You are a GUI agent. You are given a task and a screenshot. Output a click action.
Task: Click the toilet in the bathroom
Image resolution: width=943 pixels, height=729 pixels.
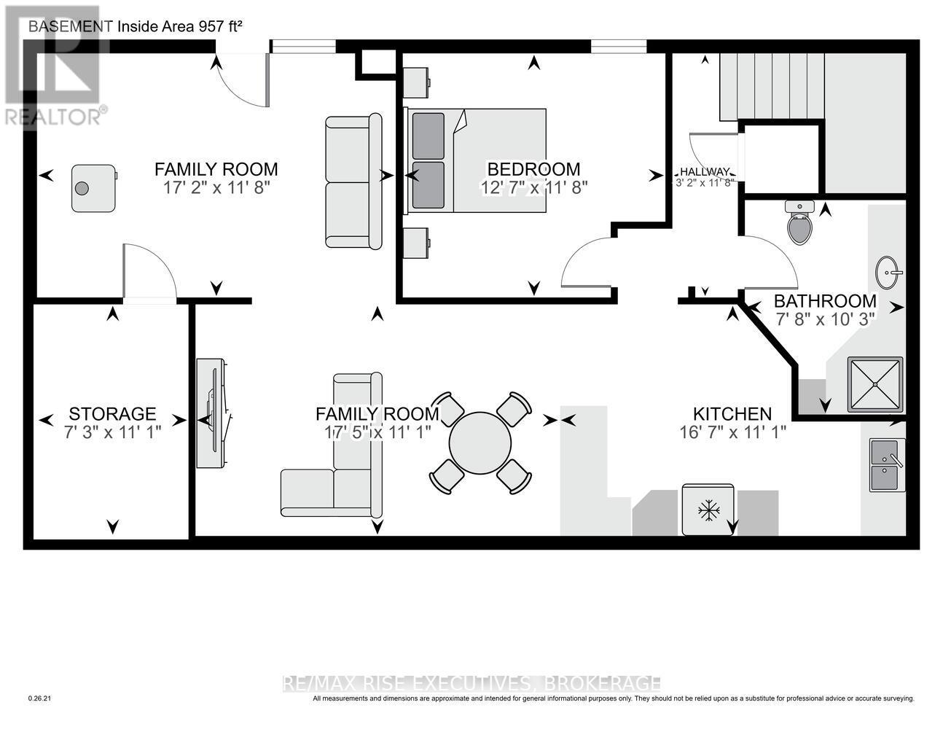[799, 222]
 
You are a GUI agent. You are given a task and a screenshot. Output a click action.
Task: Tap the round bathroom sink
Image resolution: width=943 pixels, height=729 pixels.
[888, 273]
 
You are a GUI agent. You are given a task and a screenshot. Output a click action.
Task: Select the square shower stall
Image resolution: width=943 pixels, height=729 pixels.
[875, 384]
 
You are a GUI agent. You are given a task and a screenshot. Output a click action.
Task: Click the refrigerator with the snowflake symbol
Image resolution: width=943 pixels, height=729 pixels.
[708, 510]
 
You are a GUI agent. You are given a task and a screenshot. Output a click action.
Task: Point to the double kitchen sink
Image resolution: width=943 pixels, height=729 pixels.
[887, 465]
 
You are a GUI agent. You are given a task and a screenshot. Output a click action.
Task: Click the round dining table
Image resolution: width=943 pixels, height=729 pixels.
[480, 443]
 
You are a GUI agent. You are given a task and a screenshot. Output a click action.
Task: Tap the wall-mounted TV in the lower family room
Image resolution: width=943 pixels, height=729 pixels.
[211, 413]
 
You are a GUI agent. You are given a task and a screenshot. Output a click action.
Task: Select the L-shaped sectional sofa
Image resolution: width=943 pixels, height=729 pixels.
[332, 445]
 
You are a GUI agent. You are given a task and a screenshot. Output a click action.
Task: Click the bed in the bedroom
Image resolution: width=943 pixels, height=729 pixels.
[474, 160]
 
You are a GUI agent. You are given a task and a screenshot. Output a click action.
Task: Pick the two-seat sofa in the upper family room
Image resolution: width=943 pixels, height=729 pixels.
[353, 181]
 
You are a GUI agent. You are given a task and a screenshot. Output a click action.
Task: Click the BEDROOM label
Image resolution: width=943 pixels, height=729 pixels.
[533, 169]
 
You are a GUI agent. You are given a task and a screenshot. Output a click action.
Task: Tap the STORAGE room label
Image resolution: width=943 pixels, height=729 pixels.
[112, 414]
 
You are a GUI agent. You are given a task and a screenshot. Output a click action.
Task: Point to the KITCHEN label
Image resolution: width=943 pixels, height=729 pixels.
[732, 414]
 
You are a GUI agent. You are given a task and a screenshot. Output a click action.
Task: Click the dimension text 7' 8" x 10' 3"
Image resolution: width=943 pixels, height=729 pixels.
[824, 319]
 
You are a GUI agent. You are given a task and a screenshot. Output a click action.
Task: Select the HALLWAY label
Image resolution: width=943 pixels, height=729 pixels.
[705, 172]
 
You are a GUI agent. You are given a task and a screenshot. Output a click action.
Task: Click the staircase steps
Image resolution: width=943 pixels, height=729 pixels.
[772, 86]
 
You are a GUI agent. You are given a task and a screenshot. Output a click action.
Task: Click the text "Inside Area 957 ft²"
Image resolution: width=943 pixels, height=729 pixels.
[180, 26]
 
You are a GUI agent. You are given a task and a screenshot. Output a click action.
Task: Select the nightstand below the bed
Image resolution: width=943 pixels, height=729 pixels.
[415, 243]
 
